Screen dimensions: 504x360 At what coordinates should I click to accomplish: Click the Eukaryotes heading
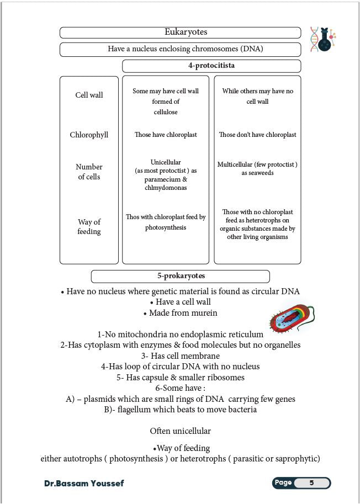186,32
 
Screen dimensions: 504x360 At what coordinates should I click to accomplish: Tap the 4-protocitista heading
211,66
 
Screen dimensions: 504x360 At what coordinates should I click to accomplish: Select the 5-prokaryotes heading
181,276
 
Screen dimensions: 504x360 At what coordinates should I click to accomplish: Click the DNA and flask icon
323,39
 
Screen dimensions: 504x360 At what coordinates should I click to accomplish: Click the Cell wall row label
89,95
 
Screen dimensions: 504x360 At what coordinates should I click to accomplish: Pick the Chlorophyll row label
89,135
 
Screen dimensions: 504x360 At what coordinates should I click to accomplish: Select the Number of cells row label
89,172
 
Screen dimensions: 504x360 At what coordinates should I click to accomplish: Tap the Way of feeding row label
89,227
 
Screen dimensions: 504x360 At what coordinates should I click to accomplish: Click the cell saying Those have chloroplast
166,135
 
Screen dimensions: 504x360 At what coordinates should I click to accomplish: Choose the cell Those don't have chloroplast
257,135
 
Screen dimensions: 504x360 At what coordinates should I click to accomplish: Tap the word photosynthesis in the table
166,227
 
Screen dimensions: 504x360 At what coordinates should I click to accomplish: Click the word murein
202,313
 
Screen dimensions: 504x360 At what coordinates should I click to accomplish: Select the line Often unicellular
180,431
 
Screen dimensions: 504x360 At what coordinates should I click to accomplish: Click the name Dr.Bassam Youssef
84,484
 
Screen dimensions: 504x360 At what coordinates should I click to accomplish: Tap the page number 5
311,483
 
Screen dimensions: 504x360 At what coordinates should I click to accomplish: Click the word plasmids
98,399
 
